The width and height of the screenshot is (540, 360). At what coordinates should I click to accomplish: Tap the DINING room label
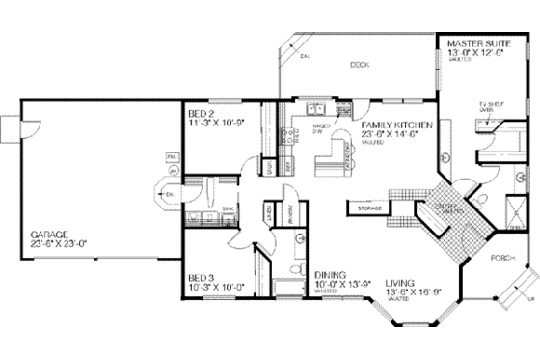tap(329, 247)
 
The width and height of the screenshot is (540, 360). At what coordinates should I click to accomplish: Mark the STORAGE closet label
tap(368, 208)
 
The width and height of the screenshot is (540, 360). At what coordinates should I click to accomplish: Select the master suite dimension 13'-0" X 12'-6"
tap(480, 53)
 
